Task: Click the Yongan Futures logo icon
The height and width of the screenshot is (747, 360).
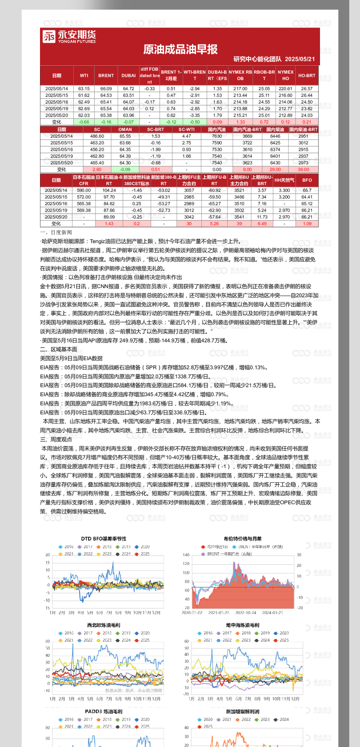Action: pyautogui.click(x=48, y=36)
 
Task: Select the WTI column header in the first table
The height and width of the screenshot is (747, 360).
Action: pyautogui.click(x=84, y=76)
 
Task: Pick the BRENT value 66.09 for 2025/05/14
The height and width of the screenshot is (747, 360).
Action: pyautogui.click(x=106, y=88)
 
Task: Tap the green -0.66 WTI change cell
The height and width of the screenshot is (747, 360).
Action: pyautogui.click(x=84, y=122)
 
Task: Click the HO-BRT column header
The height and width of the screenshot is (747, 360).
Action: pyautogui.click(x=307, y=76)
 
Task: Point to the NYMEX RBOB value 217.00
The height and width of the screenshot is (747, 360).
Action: pyautogui.click(x=240, y=88)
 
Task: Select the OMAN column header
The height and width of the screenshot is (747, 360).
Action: pyautogui.click(x=125, y=129)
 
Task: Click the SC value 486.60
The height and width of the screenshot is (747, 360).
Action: pyautogui.click(x=97, y=136)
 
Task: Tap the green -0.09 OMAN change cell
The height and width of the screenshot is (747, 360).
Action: pyautogui.click(x=125, y=169)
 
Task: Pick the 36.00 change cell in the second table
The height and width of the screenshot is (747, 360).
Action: pyautogui.click(x=304, y=169)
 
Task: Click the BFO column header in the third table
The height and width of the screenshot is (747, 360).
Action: pyautogui.click(x=307, y=180)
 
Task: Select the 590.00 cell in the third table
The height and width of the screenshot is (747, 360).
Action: pyautogui.click(x=84, y=190)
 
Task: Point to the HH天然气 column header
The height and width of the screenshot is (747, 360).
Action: pyautogui.click(x=284, y=180)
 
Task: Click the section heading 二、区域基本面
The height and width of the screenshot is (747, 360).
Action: pyautogui.click(x=59, y=349)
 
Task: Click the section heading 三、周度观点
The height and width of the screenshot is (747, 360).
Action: pyautogui.click(x=56, y=439)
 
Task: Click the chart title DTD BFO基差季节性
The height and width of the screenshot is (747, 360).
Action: pyautogui.click(x=104, y=538)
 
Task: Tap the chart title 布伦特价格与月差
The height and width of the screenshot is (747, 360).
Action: pyautogui.click(x=243, y=538)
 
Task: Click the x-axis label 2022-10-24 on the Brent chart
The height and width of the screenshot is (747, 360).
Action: pyautogui.click(x=246, y=613)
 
